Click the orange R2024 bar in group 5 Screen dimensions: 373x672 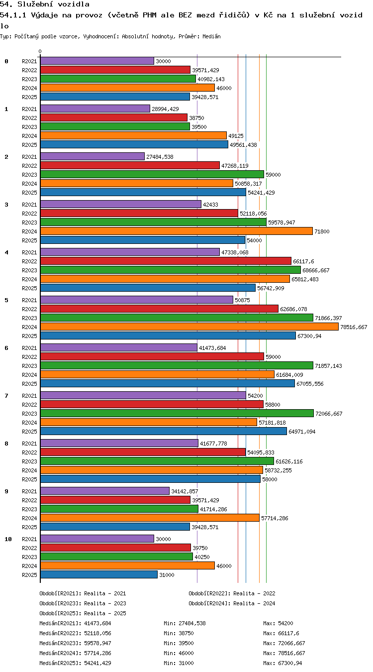[x=189, y=327]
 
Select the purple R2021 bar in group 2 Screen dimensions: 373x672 [x=93, y=156]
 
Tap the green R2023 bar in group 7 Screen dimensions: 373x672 [x=177, y=413]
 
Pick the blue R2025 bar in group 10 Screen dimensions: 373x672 [x=99, y=574]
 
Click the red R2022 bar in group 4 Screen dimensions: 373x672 [x=166, y=261]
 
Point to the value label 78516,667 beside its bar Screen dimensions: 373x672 [x=354, y=327]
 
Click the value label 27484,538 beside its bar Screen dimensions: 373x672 [x=160, y=157]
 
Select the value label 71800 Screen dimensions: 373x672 [x=322, y=231]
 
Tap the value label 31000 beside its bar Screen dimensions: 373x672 [x=167, y=575]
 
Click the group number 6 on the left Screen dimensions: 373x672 [x=6, y=348]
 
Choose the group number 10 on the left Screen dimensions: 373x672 [x=8, y=539]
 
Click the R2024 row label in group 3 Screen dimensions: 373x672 [x=29, y=231]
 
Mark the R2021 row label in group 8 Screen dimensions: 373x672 [x=29, y=444]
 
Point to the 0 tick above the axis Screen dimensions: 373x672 [x=40, y=52]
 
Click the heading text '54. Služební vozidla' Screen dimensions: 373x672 [x=45, y=4]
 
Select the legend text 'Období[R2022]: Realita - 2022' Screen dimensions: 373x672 [x=232, y=593]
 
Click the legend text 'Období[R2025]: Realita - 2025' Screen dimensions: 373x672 [x=83, y=613]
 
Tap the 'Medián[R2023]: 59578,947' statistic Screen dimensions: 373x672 [x=75, y=643]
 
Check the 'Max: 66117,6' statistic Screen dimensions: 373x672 [x=281, y=633]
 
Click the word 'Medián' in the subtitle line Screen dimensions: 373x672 [x=211, y=37]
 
